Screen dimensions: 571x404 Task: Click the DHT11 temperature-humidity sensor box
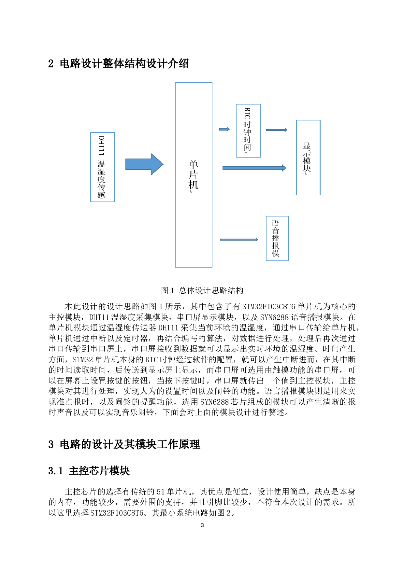102,167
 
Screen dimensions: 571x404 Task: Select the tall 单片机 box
194,175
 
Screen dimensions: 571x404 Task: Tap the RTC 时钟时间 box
248,131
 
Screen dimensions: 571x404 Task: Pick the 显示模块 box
308,158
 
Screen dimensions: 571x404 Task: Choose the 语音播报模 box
277,238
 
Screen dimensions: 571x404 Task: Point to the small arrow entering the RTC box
224,129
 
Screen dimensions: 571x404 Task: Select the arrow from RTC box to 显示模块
276,130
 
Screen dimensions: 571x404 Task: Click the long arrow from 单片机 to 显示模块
254,168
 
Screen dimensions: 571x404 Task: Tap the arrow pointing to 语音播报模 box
238,240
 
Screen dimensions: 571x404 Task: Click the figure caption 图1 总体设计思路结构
202,290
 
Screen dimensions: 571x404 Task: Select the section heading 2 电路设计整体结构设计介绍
118,63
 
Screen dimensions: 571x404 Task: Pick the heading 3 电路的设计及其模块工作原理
124,444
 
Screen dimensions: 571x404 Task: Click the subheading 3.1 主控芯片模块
89,471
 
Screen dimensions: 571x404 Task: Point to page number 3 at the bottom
202,525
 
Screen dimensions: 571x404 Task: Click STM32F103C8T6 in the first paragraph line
268,307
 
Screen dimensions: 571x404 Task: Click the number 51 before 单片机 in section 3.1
161,492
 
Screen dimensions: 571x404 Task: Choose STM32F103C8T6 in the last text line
117,513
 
